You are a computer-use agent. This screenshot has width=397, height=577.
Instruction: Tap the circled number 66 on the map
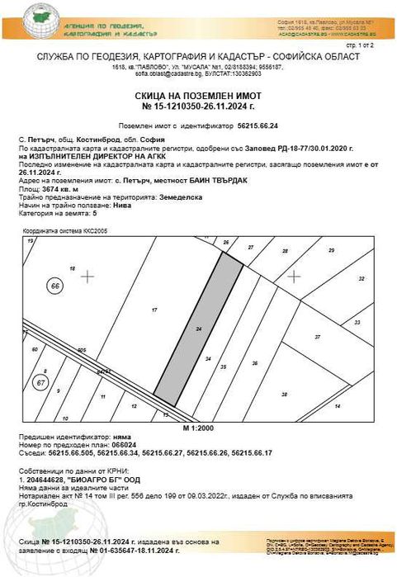coord(56,285)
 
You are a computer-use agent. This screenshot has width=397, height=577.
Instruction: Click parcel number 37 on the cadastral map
coord(317,337)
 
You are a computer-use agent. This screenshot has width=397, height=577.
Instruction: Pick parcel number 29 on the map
coord(331,250)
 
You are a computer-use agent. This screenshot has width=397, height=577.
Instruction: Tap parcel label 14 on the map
coord(337,407)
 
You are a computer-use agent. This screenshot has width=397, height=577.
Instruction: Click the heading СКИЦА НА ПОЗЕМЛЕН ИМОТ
coord(198,96)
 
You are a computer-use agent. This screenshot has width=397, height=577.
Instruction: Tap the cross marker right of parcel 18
coord(87,275)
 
